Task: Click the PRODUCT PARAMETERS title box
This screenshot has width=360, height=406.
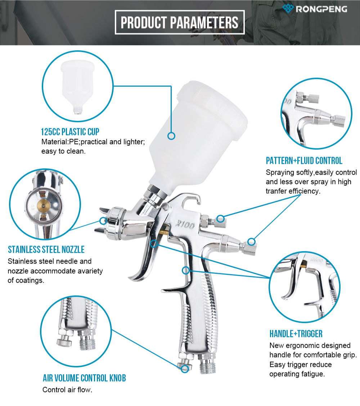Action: pos(180,22)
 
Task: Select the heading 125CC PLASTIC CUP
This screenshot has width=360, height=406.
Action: pos(70,131)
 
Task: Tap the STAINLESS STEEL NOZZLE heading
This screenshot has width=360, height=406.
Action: pos(46,249)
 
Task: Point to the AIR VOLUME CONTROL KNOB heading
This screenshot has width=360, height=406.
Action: pos(84,378)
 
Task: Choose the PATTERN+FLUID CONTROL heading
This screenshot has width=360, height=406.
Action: pos(304,161)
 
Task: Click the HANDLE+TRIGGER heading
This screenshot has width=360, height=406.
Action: pos(296,334)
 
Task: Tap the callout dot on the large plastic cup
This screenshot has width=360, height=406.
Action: pos(171,136)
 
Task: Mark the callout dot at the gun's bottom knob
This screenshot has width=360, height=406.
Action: pos(185,368)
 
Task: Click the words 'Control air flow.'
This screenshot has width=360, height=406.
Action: pos(67,390)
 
